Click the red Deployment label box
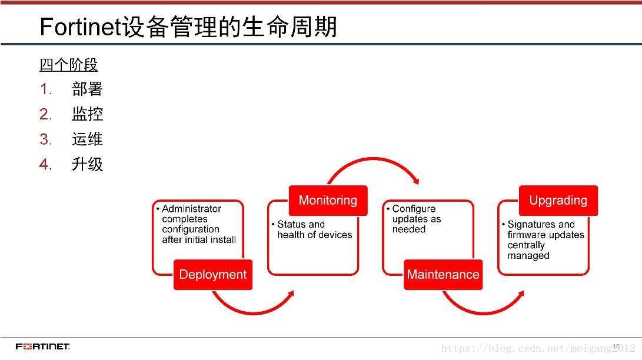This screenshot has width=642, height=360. tap(212, 275)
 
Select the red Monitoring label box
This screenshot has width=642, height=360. tap(328, 201)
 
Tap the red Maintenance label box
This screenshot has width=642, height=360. tap(443, 275)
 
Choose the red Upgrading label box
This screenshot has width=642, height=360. tap(558, 201)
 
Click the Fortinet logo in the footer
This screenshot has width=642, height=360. tap(43, 346)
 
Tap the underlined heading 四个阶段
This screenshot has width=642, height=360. tap(68, 65)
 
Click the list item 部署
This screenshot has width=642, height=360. tap(87, 89)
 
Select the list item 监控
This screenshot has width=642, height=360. tap(87, 114)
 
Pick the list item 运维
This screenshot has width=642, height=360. tap(87, 139)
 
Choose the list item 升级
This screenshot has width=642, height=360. tap(87, 164)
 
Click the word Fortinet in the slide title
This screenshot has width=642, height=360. tap(80, 28)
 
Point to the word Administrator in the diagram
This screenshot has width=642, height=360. tap(191, 209)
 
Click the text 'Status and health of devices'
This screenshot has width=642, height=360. tap(314, 229)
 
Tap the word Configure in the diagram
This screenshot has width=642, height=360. tap(414, 209)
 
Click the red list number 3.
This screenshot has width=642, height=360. tap(46, 139)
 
